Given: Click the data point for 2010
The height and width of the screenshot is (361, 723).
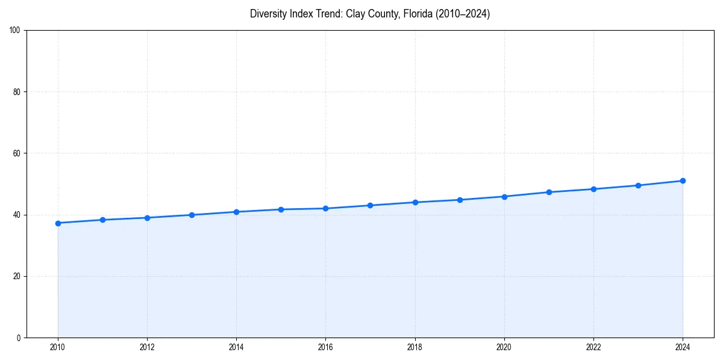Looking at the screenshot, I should (58, 223).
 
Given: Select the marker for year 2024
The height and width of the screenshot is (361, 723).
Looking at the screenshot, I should (683, 180).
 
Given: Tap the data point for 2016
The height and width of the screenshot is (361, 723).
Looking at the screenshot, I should (325, 208).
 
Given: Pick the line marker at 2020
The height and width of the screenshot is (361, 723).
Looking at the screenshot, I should (504, 197).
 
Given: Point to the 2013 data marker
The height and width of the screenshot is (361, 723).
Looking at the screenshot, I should (192, 215).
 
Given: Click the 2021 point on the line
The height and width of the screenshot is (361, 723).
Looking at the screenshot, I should (549, 192).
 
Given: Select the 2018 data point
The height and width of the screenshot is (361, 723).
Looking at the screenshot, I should (415, 202).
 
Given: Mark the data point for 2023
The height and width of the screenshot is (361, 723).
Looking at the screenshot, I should (638, 185).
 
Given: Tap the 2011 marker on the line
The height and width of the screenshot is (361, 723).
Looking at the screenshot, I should (102, 220).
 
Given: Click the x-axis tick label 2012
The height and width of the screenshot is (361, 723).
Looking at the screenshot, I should (147, 347).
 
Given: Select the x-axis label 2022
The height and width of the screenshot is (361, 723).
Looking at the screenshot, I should (593, 347).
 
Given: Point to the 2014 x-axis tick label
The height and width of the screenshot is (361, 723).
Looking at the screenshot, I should (236, 347).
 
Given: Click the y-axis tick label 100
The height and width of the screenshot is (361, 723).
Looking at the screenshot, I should (15, 30).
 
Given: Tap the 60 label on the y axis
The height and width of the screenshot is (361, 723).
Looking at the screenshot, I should (17, 153).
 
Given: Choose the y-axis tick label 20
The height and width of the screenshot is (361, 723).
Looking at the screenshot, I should (17, 276).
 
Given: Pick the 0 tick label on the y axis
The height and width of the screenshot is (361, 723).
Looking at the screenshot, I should (19, 338).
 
